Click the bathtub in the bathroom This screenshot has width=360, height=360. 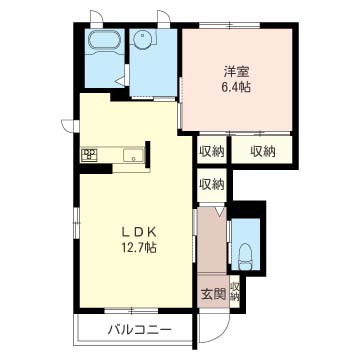pyautogui.click(x=103, y=41)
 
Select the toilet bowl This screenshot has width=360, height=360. pyautogui.click(x=246, y=257)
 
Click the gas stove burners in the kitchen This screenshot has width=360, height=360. pyautogui.click(x=89, y=154)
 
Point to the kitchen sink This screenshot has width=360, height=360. pyautogui.click(x=133, y=155)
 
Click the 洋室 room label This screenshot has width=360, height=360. pyautogui.click(x=237, y=72)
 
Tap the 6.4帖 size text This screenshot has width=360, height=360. pyautogui.click(x=237, y=87)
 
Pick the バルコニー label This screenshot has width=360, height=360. pyautogui.click(x=140, y=330)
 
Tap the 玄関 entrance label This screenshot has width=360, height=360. pyautogui.click(x=213, y=294)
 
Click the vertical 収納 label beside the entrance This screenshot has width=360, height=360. pyautogui.click(x=235, y=291)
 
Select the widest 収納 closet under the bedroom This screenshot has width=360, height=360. pyautogui.click(x=263, y=151)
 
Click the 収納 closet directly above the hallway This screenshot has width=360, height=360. pyautogui.click(x=212, y=184)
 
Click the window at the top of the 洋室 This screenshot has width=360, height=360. pyautogui.click(x=230, y=25)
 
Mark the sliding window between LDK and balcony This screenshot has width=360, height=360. pyautogui.click(x=131, y=311)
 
